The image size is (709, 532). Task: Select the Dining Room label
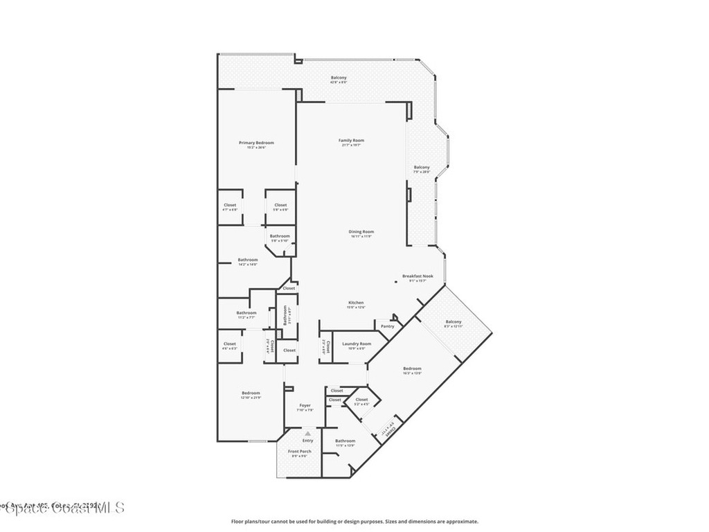click(361, 231)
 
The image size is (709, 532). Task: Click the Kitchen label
click(356, 303)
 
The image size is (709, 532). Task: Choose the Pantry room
click(387, 326)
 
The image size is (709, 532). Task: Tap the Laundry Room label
click(356, 344)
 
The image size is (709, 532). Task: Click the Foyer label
click(305, 405)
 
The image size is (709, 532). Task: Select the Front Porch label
click(300, 451)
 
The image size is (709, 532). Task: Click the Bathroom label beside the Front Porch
click(345, 441)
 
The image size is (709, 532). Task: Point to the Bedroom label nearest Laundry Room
click(412, 369)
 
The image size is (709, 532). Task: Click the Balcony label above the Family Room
click(339, 78)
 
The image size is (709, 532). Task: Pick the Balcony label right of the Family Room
click(422, 167)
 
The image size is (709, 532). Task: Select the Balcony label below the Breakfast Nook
click(453, 321)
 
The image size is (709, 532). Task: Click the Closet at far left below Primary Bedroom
click(230, 205)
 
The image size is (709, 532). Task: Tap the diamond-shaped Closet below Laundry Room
click(361, 400)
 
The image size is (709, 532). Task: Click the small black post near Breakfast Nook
click(396, 281)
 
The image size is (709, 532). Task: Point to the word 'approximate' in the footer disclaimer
click(462, 522)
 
